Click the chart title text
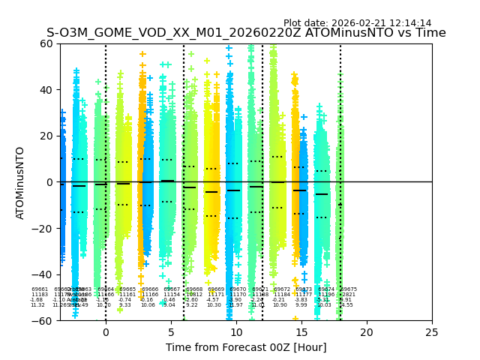point(246,33)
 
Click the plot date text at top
point(357,23)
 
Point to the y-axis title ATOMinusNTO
point(21,182)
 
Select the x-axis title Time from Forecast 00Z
point(246,347)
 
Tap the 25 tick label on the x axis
point(432,331)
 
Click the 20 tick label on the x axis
point(367,331)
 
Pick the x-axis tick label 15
point(301,331)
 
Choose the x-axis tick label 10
point(236,331)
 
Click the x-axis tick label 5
point(171,331)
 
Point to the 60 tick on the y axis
point(46,43)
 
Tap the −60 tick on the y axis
point(43,320)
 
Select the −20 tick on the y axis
point(43,228)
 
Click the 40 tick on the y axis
point(46,90)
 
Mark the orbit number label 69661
point(40,289)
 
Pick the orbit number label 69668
point(194,289)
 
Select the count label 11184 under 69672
point(282,295)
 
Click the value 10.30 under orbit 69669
point(214,305)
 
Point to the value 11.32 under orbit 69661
point(37,305)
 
